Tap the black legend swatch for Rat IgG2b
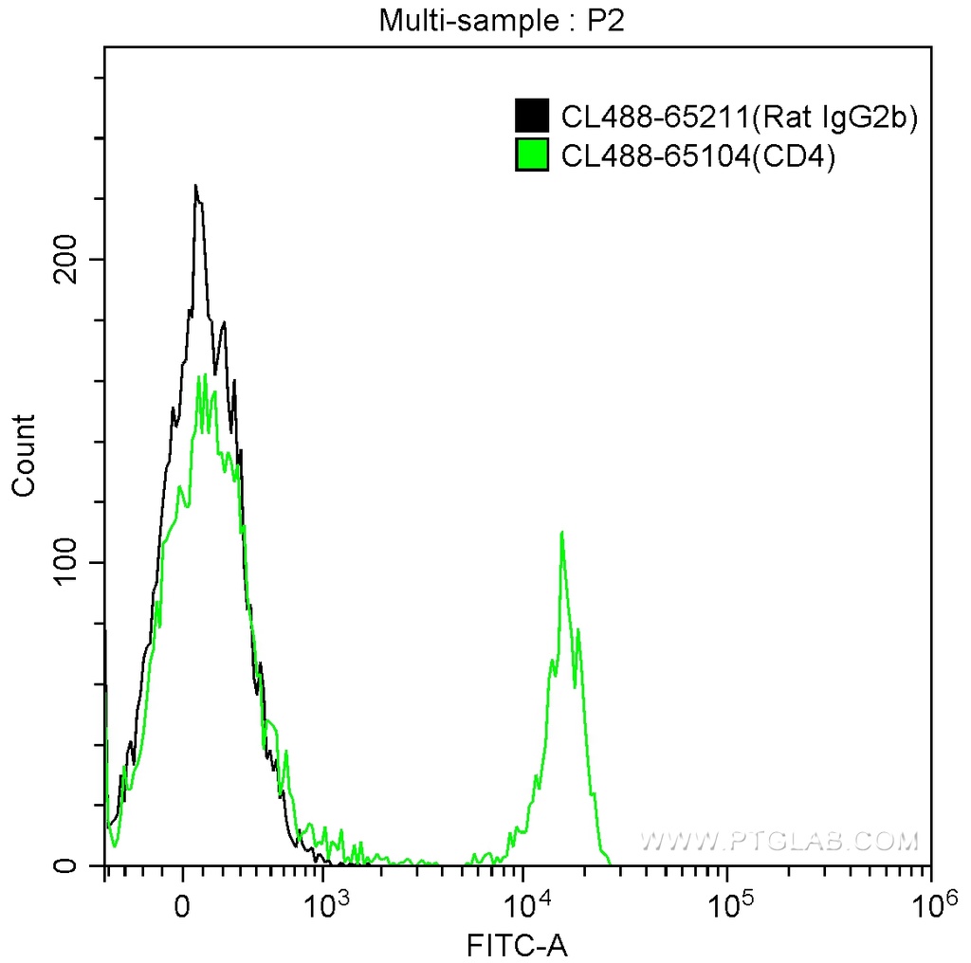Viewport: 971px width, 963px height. [x=532, y=117]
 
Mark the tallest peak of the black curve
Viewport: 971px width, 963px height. [x=195, y=186]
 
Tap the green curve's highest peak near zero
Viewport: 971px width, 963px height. [x=200, y=377]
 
